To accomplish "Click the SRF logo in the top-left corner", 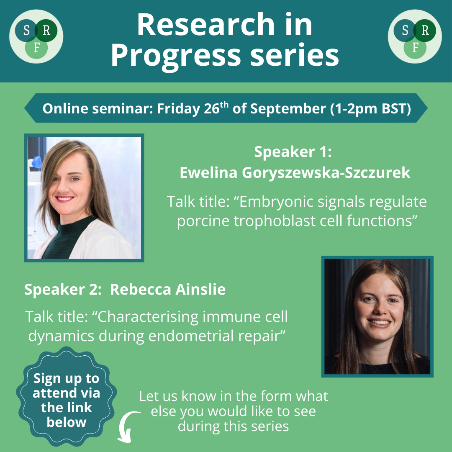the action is (36, 36).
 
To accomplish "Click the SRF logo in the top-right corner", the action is (415, 36).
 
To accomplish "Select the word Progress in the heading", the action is (175, 55).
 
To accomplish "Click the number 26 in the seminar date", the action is (212, 109).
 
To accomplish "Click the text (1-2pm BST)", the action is (371, 109).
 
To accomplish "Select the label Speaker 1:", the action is (293, 152).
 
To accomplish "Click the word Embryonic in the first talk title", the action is (276, 202).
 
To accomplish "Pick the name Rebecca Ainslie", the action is (168, 290).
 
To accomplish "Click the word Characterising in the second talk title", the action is (148, 317).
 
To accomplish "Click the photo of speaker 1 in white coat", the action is (84, 198).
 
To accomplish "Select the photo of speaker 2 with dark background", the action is (378, 316).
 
